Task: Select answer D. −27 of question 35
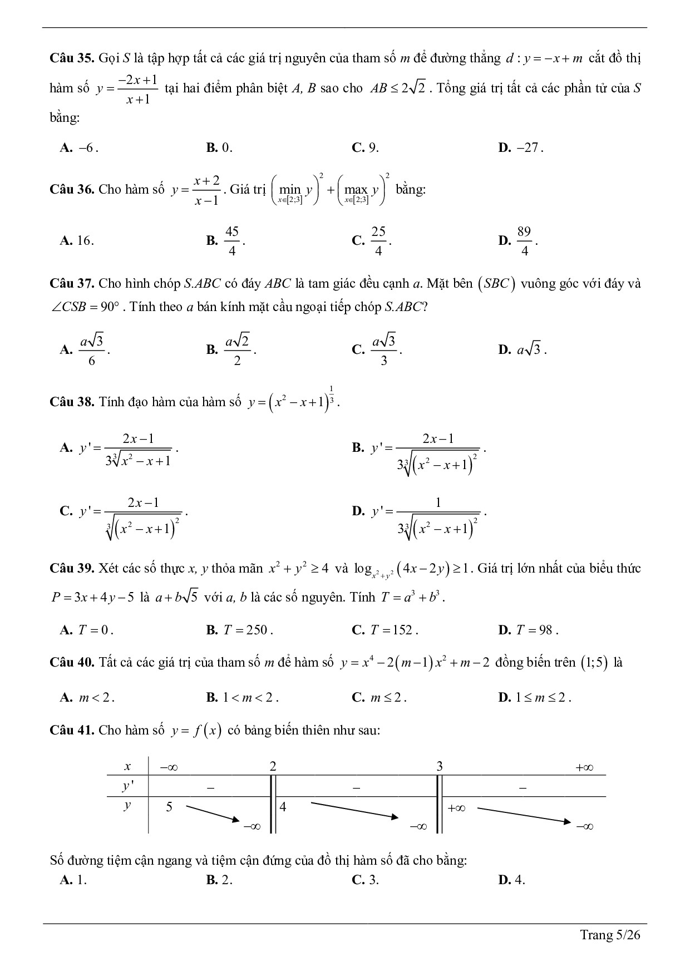pos(521,147)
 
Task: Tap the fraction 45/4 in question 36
pos(231,241)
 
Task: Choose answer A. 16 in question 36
pos(77,240)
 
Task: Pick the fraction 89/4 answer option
pos(524,241)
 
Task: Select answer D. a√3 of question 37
pos(523,350)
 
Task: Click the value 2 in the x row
pos(273,766)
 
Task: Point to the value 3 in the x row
pos(440,766)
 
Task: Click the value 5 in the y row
pos(169,806)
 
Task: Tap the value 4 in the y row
pos(283,806)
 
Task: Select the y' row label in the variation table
pos(128,787)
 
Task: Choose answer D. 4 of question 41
pos(512,880)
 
